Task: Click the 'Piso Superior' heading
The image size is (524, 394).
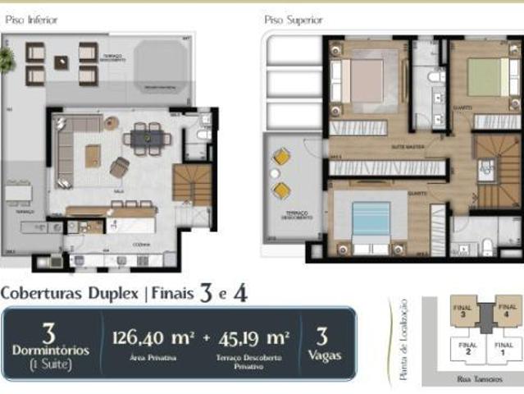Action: coord(293,19)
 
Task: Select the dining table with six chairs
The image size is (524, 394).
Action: coord(148,137)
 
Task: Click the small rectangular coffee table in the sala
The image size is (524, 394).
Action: coord(93,155)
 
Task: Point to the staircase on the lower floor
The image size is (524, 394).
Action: coord(193,184)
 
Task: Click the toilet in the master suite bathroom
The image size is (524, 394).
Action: coord(435,76)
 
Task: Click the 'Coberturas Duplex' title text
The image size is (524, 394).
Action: coord(71,291)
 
